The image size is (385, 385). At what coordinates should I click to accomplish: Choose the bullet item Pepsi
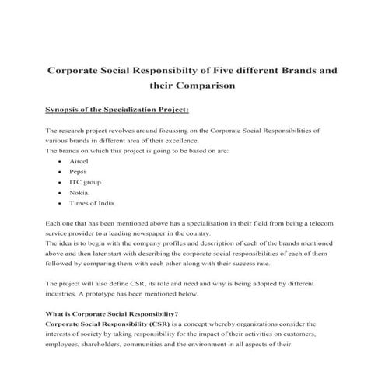click(x=78, y=170)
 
